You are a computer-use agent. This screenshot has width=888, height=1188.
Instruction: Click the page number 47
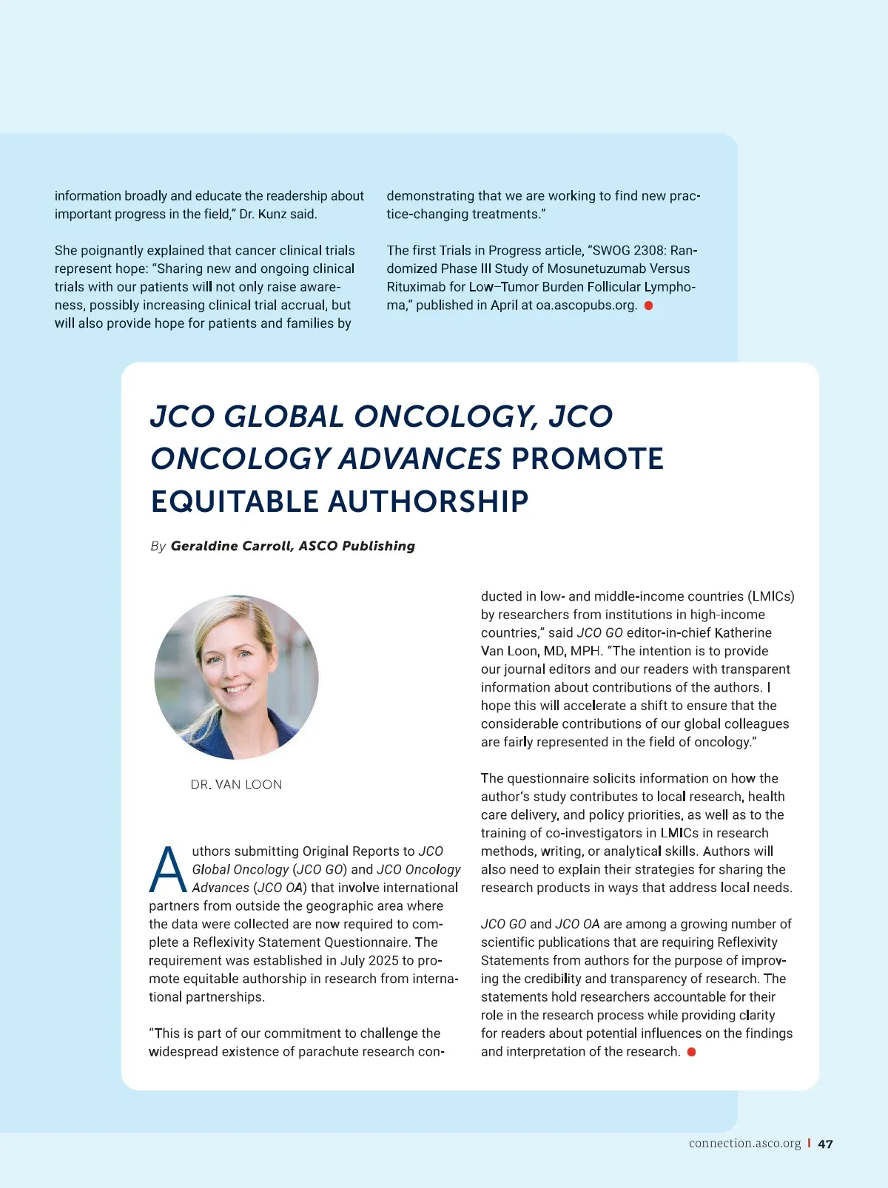point(825,1144)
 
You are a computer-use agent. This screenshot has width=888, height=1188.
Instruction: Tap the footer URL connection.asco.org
point(744,1144)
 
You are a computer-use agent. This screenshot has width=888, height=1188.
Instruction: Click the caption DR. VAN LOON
point(236,784)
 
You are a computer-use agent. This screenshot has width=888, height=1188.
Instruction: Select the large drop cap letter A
point(168,870)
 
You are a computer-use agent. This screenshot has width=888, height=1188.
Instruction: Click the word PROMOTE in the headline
point(588,459)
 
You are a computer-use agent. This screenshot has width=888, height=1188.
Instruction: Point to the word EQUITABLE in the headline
point(235,502)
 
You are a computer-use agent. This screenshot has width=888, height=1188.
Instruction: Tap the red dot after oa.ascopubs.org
point(648,306)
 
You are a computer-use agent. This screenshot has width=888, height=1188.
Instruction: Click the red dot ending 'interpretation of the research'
point(691,1052)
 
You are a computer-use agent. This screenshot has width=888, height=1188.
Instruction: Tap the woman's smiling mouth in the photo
point(237,689)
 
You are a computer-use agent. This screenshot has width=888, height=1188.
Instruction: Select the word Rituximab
point(416,287)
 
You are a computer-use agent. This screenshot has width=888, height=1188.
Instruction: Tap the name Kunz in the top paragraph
point(272,215)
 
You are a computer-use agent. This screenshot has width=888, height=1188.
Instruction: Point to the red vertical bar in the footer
point(809,1144)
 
